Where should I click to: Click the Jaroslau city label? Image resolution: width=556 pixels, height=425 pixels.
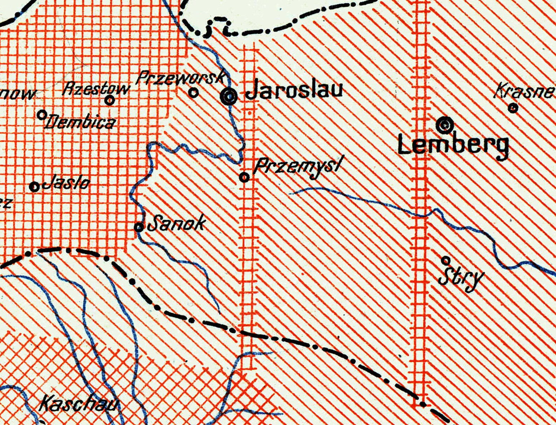[x=294, y=90]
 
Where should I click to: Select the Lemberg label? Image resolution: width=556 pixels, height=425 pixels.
[x=453, y=146]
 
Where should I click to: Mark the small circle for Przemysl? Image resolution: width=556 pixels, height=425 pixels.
[x=244, y=177]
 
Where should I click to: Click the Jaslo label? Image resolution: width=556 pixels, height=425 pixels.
[x=66, y=183]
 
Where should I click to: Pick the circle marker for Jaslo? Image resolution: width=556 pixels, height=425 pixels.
[x=34, y=187]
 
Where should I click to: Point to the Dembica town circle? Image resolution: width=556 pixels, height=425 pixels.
[x=42, y=114]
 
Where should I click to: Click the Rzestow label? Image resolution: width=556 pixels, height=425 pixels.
[x=96, y=89]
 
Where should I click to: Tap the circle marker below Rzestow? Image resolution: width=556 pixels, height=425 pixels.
[x=110, y=100]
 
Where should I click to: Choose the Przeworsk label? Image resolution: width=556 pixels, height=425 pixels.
[x=181, y=78]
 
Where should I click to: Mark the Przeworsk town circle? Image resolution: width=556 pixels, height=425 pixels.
[x=194, y=93]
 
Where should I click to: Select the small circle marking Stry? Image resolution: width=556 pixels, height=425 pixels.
[x=445, y=260]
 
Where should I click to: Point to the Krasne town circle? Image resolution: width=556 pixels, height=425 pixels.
[x=513, y=108]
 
